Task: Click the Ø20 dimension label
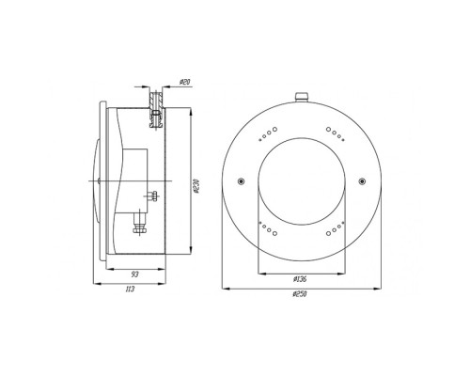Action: [x=185, y=83]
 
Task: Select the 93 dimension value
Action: [x=134, y=274]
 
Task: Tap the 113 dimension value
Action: [x=130, y=289]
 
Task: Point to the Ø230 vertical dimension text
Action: [x=196, y=186]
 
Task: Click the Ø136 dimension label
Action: [x=299, y=279]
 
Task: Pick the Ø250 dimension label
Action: [x=300, y=294]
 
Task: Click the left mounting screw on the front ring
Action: [x=241, y=181]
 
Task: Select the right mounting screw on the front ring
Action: [x=362, y=181]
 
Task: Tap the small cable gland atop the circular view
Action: [x=302, y=97]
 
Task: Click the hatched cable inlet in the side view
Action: [x=156, y=109]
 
